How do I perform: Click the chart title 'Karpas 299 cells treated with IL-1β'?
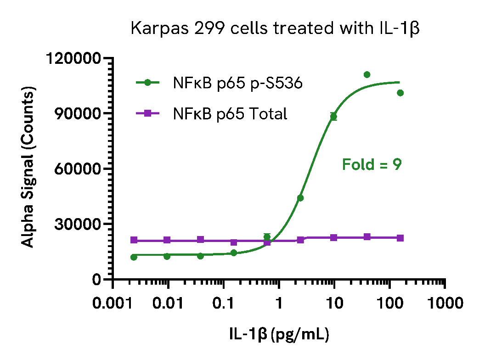pos(276,28)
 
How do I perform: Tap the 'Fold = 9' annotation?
pos(372,164)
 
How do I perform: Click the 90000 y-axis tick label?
pos(78,114)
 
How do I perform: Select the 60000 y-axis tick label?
pos(78,169)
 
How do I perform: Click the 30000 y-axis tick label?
pos(78,224)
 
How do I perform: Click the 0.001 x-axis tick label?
pos(113,304)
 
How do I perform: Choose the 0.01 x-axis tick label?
pos(169,304)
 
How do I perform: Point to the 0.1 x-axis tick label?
pos(224,304)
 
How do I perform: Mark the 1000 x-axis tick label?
pos(444,304)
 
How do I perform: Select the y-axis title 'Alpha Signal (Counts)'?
pos(28,169)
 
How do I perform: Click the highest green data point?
pos(367,74)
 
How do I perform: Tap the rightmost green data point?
pos(400,93)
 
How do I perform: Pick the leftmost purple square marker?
pos(134,240)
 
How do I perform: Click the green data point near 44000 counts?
pos(300,198)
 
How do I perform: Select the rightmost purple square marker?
pos(400,238)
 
